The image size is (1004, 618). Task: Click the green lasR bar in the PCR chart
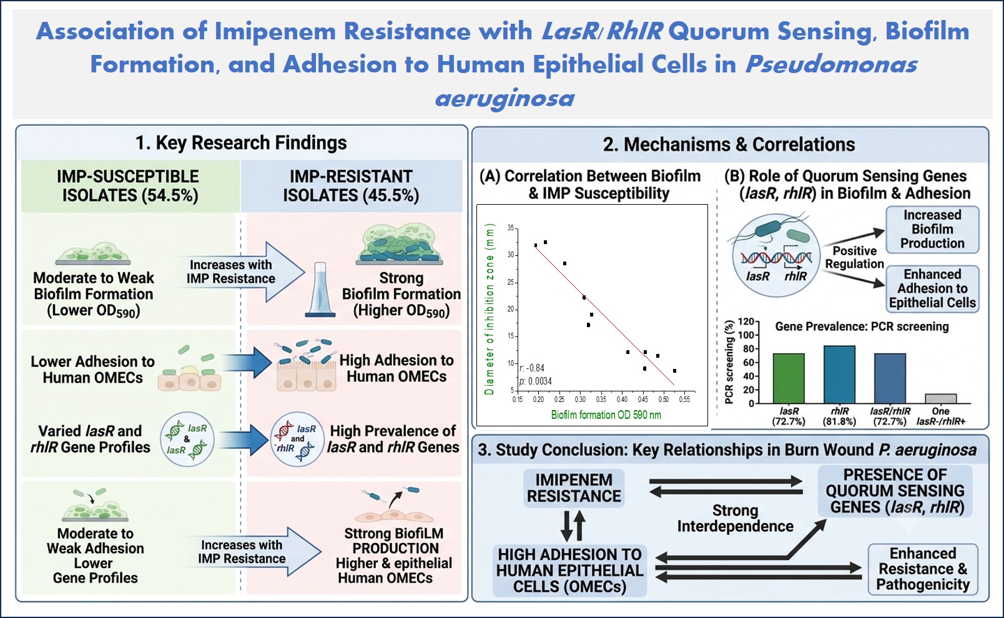789,378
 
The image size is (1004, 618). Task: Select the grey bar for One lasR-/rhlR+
941,399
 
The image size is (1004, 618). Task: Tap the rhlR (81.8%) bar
839,375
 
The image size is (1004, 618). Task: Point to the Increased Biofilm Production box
932,229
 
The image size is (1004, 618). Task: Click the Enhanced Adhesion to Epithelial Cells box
932,288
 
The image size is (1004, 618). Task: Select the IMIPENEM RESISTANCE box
574,488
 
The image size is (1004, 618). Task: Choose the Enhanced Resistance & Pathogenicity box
923,569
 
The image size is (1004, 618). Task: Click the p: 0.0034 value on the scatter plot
536,381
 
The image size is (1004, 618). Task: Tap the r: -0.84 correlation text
532,368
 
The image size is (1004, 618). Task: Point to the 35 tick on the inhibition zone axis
511,228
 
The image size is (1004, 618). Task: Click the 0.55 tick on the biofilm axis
684,399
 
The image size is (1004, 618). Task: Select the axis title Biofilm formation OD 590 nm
606,414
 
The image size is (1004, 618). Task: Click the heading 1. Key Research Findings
241,142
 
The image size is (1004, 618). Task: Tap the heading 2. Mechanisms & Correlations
729,144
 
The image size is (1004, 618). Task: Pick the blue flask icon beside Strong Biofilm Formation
320,290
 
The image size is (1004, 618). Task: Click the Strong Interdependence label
736,518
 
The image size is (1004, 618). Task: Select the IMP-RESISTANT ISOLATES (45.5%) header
351,186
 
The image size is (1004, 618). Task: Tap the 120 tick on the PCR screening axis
746,321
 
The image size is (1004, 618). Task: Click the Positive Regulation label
854,257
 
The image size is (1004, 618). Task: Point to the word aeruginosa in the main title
504,98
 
